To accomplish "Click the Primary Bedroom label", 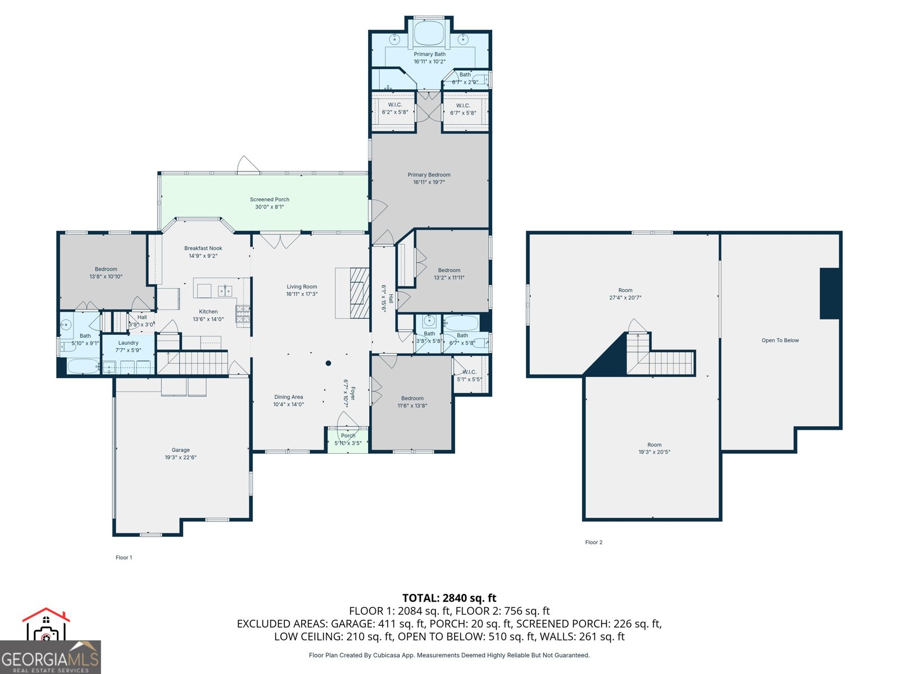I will tap(429, 175).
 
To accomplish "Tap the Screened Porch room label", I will tap(269, 199).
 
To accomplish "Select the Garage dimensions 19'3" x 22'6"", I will tap(180, 457).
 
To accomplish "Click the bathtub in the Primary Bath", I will tap(429, 34).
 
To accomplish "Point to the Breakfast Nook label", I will tap(203, 248).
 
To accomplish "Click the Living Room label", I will tap(302, 286).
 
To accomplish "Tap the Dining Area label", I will tap(288, 397).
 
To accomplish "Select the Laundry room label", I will tap(128, 343).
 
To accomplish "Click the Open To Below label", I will tap(780, 340).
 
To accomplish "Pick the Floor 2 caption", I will tap(593, 542).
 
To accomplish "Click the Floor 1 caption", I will tap(124, 557).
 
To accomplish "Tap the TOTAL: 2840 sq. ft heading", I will tap(449, 598).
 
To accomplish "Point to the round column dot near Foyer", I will tap(329, 363).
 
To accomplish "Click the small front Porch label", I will tap(348, 435).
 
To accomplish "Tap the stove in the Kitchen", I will tap(243, 316).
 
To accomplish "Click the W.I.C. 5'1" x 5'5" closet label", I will tap(469, 372).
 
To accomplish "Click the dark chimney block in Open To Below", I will tap(829, 294).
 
